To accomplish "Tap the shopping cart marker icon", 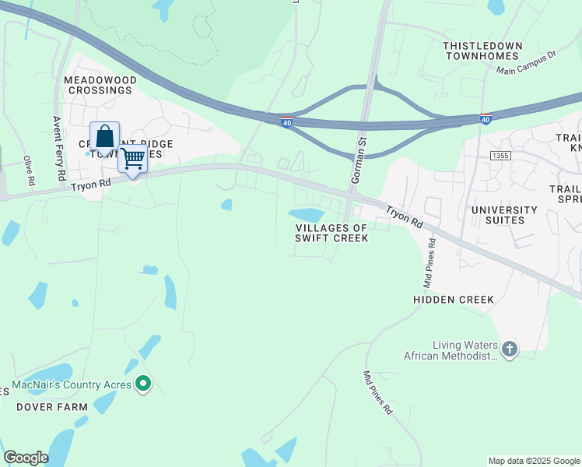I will pyautogui.click(x=133, y=158).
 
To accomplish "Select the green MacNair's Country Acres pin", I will pyautogui.click(x=142, y=384).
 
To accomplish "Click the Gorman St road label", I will pyautogui.click(x=359, y=160).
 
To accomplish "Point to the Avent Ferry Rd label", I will pyautogui.click(x=58, y=149).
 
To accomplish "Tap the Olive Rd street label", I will pyautogui.click(x=29, y=170).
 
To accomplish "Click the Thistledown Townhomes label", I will pyautogui.click(x=481, y=51).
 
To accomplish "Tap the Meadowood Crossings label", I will pyautogui.click(x=100, y=86).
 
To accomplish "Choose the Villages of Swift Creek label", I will pyautogui.click(x=331, y=233).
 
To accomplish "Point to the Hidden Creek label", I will pyautogui.click(x=454, y=300).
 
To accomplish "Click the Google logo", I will pyautogui.click(x=26, y=458).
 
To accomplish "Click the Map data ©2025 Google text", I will pyautogui.click(x=533, y=461).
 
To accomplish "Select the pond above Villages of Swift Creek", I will pyautogui.click(x=307, y=215).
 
